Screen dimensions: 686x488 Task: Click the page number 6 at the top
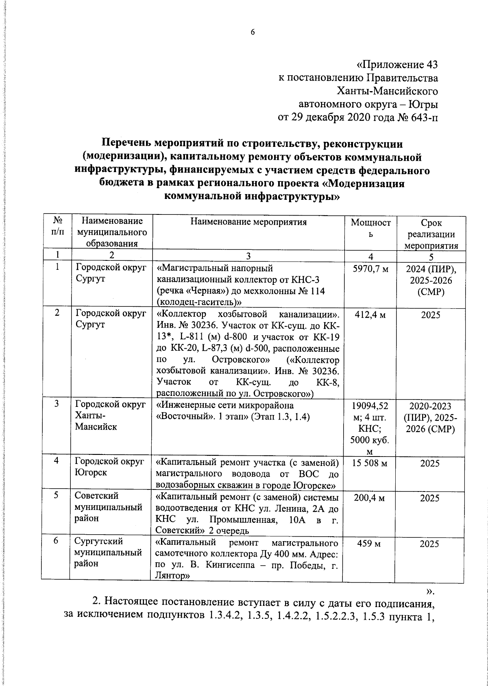[x=252, y=33]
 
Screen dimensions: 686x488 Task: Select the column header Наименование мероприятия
[x=248, y=222]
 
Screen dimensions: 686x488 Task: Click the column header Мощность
[x=370, y=228]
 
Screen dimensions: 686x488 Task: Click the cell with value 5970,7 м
[x=370, y=269]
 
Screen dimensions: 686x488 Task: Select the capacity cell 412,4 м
[x=370, y=315]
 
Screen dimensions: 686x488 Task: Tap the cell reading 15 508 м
[x=370, y=463]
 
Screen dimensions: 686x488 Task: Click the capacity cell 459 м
[x=370, y=544]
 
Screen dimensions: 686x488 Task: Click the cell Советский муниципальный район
[x=108, y=507]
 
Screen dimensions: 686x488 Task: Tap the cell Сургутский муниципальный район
[x=108, y=553]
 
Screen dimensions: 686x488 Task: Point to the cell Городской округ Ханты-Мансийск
[x=110, y=415]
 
